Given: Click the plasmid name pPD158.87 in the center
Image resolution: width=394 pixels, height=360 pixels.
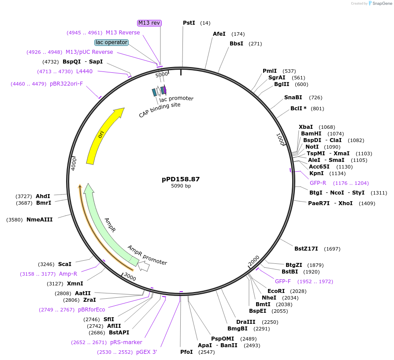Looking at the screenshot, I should pyautogui.click(x=181, y=179).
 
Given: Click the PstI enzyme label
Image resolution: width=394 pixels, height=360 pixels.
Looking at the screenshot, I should pyautogui.click(x=189, y=23).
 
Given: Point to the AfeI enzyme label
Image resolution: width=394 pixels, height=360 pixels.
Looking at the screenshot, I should pyautogui.click(x=219, y=34).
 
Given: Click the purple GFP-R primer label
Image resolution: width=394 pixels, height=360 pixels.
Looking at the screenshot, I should pyautogui.click(x=318, y=183).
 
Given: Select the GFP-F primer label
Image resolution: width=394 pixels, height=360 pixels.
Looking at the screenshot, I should pyautogui.click(x=283, y=281).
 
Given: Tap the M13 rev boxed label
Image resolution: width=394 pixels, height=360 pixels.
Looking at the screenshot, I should pyautogui.click(x=149, y=23).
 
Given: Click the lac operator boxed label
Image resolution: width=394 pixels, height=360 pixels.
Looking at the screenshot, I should pyautogui.click(x=112, y=42).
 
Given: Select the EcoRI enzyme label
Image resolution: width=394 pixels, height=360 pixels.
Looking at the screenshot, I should pyautogui.click(x=276, y=291).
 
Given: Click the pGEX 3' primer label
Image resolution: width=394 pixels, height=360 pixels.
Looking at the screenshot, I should pyautogui.click(x=147, y=352).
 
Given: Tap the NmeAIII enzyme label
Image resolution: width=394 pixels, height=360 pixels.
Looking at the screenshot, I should pyautogui.click(x=39, y=219).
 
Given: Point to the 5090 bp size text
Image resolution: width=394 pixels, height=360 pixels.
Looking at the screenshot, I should pyautogui.click(x=181, y=186).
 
